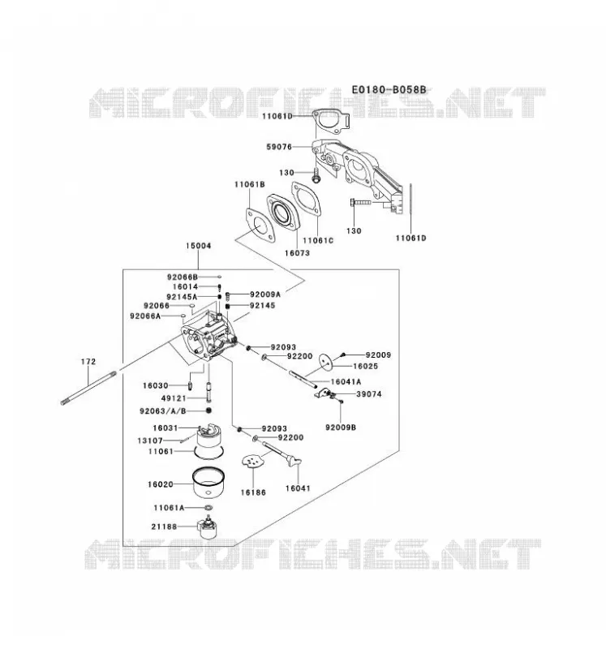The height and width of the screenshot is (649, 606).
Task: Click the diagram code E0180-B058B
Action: pyautogui.click(x=389, y=90)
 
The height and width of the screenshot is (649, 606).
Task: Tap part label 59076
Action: pyautogui.click(x=279, y=147)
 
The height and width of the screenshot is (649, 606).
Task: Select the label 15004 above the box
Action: pyautogui.click(x=198, y=246)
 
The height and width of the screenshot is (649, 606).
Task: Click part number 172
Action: pyautogui.click(x=88, y=362)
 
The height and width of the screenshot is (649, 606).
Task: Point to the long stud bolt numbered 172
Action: pyautogui.click(x=88, y=388)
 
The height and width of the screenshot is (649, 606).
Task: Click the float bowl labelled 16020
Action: pyautogui.click(x=208, y=483)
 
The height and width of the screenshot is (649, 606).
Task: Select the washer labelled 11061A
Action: pyautogui.click(x=208, y=508)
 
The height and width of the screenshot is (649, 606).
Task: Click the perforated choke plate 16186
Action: pyautogui.click(x=252, y=462)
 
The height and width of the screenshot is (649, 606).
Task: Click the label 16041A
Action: pyautogui.click(x=346, y=381)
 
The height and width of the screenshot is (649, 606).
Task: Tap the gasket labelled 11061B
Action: pyautogui.click(x=260, y=226)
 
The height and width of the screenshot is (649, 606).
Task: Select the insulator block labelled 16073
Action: pyautogui.click(x=283, y=215)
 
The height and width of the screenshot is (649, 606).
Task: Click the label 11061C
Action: pyautogui.click(x=318, y=240)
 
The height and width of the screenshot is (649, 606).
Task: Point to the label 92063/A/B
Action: pyautogui.click(x=163, y=411)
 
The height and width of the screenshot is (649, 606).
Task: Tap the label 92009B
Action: pyautogui.click(x=341, y=428)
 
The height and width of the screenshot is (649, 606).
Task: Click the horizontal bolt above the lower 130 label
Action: pyautogui.click(x=361, y=202)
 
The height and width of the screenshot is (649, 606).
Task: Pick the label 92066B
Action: pyautogui.click(x=183, y=277)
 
